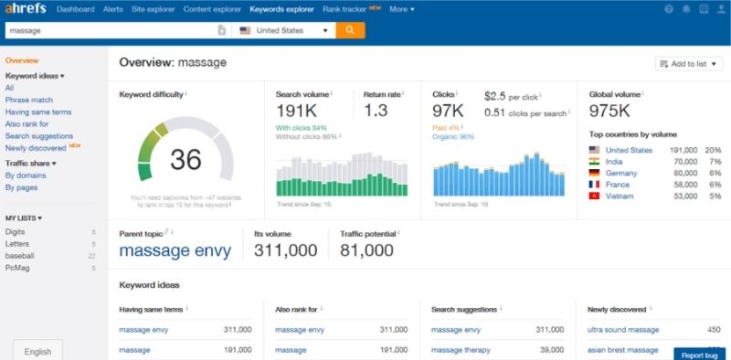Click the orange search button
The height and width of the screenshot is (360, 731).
tap(349, 30)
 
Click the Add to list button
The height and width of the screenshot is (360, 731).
tap(688, 63)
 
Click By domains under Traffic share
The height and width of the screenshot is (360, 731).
tap(25, 175)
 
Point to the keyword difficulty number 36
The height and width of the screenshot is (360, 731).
tap(185, 160)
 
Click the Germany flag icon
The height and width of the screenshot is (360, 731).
tap(594, 172)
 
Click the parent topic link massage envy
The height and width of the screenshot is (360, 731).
tap(175, 250)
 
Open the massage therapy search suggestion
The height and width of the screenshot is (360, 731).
tap(465, 349)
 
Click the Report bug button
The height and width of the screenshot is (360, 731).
tap(699, 353)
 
